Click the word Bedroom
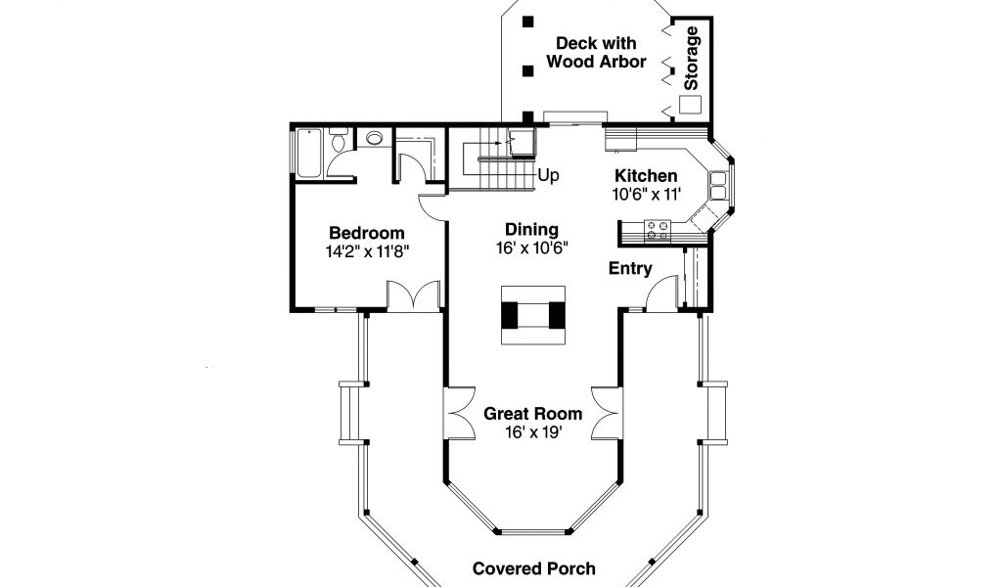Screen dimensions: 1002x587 point(366,233)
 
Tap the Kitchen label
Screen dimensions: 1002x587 point(646,176)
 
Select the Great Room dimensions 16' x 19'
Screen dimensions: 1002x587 point(533,432)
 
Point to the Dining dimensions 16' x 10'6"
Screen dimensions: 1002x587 point(532,248)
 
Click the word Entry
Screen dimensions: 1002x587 point(630,268)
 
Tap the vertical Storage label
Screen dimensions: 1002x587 point(692,58)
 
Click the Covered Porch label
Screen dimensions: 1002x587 point(533,568)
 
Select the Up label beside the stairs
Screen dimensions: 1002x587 point(548,175)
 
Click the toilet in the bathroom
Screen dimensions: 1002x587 point(338,140)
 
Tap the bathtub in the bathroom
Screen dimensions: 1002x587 point(310,153)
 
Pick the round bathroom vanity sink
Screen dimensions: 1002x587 point(374,138)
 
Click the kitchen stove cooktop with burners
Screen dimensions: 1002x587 point(658,231)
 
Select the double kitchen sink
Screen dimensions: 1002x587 point(719,185)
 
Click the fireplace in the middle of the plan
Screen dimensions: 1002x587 point(533,315)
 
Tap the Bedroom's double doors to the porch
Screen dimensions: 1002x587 point(414,296)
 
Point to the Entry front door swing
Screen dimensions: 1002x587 point(660,293)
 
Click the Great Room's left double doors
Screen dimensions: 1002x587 point(459,413)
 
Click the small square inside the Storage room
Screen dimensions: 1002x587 point(690,105)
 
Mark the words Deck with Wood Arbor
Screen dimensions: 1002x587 point(596,53)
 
